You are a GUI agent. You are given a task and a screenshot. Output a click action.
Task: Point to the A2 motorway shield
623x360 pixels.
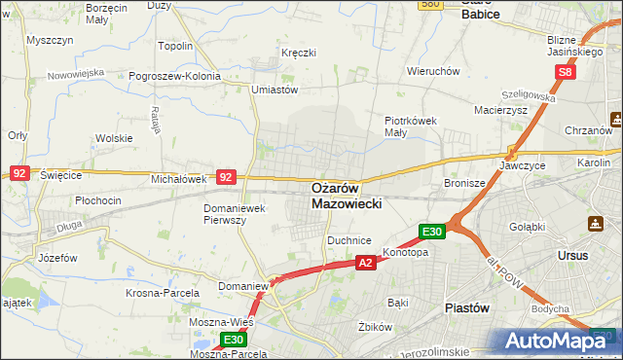(x=365, y=263)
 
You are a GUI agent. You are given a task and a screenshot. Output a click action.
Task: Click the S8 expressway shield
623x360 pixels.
(x=566, y=73)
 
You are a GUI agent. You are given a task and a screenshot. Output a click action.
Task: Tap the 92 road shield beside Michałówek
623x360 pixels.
(x=226, y=177)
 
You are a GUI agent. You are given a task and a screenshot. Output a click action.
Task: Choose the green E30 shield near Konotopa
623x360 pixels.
(x=432, y=232)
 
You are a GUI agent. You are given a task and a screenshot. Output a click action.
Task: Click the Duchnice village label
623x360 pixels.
(x=349, y=238)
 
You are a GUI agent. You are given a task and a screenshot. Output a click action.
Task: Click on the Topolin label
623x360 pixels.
(x=175, y=45)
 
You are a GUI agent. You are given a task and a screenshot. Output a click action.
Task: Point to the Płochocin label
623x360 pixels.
(x=98, y=200)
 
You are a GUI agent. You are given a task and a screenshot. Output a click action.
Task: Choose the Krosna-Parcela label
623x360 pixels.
(x=163, y=292)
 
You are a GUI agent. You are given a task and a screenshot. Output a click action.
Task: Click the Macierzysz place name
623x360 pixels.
(x=499, y=111)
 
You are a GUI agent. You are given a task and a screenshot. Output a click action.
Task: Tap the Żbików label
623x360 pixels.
(x=374, y=327)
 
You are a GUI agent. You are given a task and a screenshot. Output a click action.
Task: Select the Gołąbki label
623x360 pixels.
(x=527, y=227)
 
